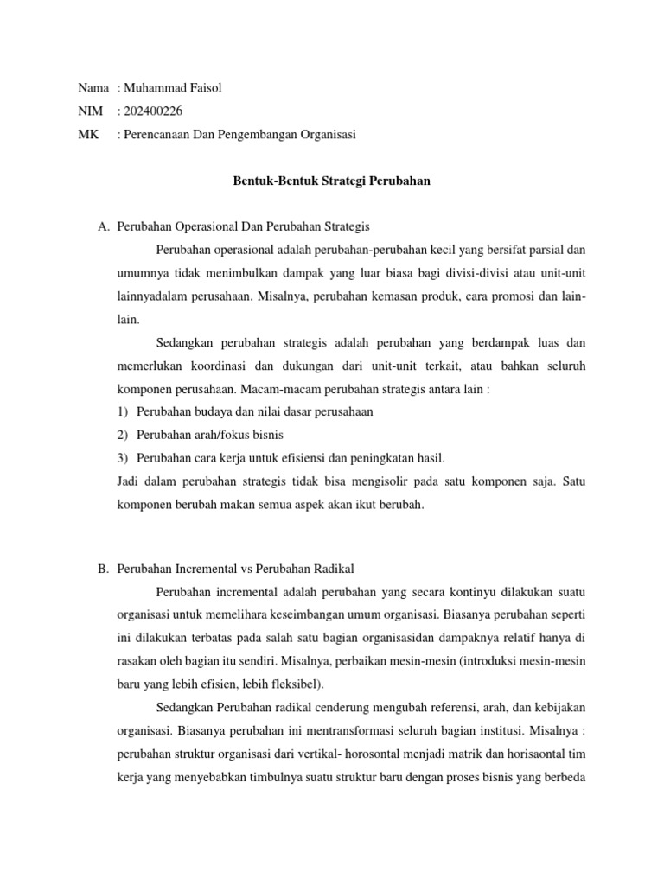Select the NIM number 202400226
pyautogui.click(x=153, y=111)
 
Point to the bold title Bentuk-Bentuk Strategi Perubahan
pyautogui.click(x=333, y=181)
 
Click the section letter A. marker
pyautogui.click(x=104, y=227)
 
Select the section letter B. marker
pyautogui.click(x=104, y=568)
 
